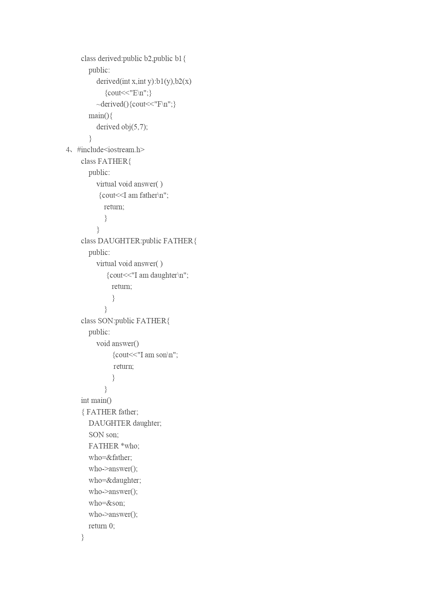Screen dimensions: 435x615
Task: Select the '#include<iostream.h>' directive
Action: point(111,150)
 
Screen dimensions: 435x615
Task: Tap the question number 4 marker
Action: point(68,150)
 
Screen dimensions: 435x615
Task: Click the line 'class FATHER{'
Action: point(106,161)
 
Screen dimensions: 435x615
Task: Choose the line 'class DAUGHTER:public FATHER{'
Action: point(139,241)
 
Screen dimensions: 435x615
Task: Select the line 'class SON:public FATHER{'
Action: point(125,321)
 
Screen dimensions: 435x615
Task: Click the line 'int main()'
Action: point(96,400)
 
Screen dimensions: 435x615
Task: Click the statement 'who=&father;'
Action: point(110,458)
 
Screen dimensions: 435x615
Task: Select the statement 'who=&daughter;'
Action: point(115,480)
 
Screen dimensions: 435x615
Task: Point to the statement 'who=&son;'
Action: point(107,503)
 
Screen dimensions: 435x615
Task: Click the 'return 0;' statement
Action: point(102,526)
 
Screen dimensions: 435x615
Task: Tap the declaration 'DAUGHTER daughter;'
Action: point(125,423)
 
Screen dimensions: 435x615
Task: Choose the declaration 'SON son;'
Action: point(104,435)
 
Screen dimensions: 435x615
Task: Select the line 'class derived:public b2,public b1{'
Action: point(134,59)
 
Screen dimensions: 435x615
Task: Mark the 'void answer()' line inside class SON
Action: point(118,344)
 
